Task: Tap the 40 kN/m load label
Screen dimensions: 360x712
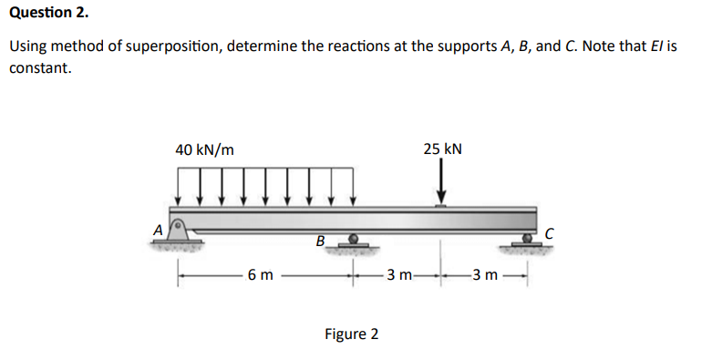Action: (x=204, y=149)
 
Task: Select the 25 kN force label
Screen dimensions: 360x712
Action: (x=442, y=149)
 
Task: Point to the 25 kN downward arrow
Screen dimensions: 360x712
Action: (x=442, y=183)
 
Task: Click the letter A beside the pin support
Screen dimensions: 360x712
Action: (x=157, y=231)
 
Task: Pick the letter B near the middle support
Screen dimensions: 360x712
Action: (x=319, y=242)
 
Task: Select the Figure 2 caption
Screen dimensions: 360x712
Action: (x=351, y=334)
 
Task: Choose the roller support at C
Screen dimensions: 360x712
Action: (x=527, y=240)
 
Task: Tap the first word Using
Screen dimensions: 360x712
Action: (x=27, y=46)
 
